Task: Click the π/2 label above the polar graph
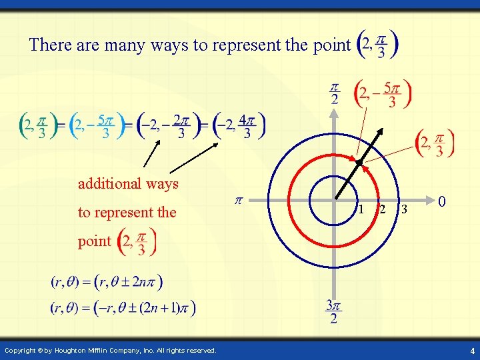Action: click(x=334, y=94)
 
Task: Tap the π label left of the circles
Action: click(x=238, y=200)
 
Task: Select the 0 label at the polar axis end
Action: click(x=441, y=201)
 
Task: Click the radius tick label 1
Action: click(x=361, y=209)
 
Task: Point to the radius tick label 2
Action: click(x=382, y=209)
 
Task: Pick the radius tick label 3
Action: click(x=403, y=209)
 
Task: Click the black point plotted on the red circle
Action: click(x=359, y=162)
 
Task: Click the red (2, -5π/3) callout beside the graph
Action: click(x=383, y=95)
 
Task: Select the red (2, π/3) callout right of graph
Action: click(x=434, y=143)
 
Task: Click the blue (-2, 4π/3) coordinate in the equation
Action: click(x=239, y=125)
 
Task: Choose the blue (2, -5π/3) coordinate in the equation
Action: click(x=97, y=125)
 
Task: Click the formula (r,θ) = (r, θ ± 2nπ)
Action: click(x=107, y=281)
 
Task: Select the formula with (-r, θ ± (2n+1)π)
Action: click(x=123, y=308)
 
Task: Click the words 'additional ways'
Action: click(x=128, y=183)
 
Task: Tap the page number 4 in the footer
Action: click(x=471, y=351)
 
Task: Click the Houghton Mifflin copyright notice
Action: click(x=110, y=351)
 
